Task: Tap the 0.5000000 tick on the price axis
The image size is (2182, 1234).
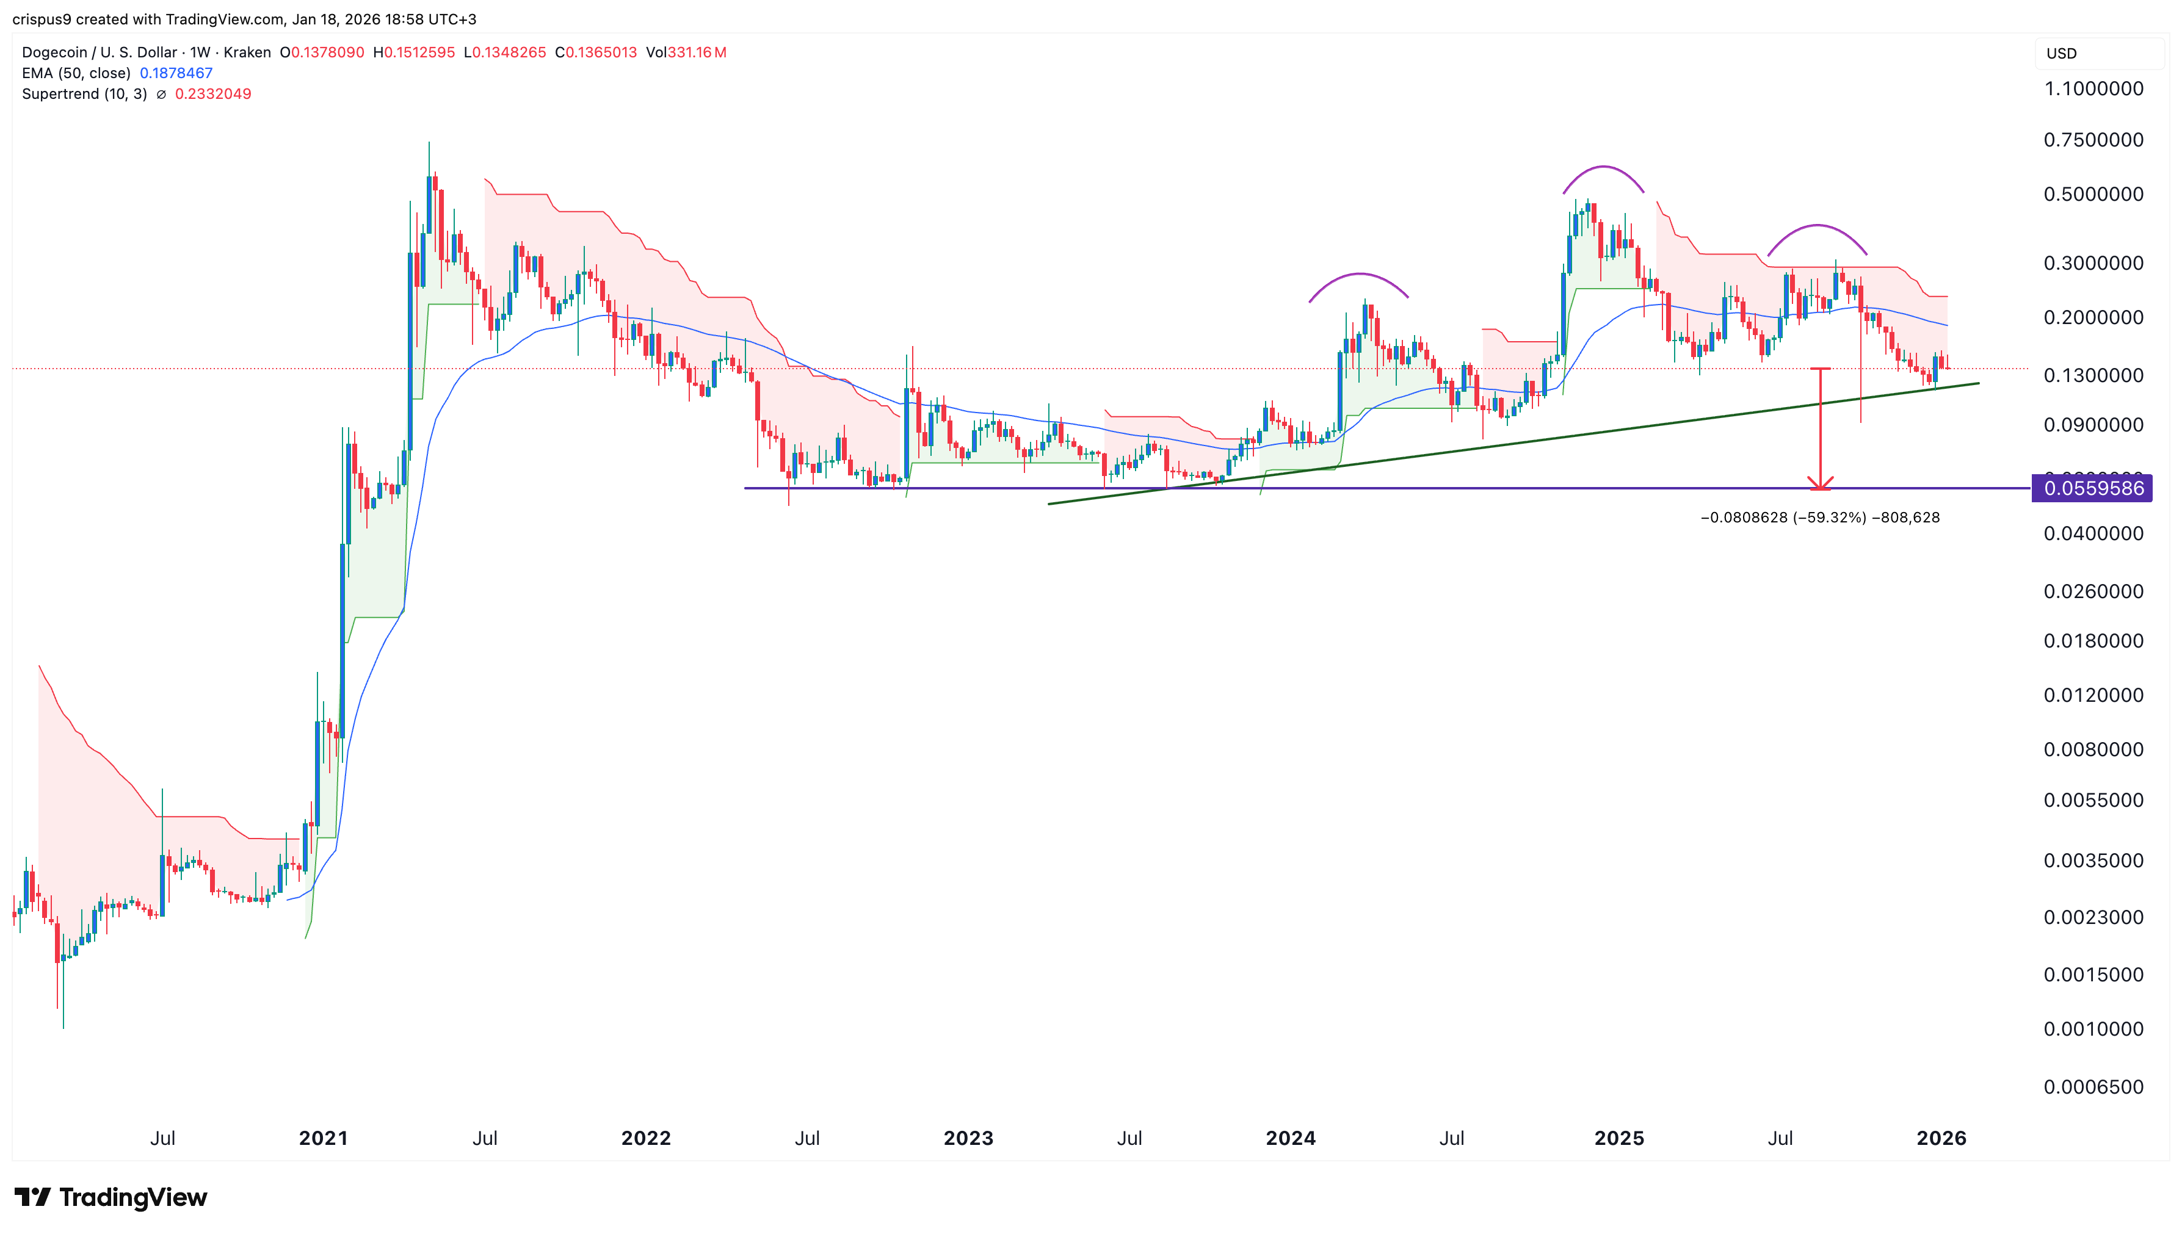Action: tap(2092, 194)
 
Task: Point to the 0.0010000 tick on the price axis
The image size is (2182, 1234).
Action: tap(2092, 1029)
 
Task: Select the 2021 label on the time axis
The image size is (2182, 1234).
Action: tap(323, 1138)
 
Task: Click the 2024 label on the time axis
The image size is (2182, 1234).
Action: tap(1289, 1138)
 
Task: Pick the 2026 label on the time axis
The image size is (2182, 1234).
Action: tap(1940, 1138)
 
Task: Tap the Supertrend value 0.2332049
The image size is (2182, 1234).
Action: tap(213, 94)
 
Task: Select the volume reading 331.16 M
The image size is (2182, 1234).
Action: tap(696, 52)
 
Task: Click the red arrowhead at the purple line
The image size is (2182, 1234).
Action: tap(1819, 484)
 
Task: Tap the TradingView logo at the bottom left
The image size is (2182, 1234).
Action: tap(111, 1197)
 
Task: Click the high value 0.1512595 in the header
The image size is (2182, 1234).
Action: tap(419, 52)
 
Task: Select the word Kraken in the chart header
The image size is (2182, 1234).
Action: tap(247, 52)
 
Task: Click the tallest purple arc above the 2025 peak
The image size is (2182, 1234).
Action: tap(1603, 168)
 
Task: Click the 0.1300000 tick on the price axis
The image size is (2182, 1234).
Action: tap(2092, 375)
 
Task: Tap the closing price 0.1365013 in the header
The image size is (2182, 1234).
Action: tap(601, 52)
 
